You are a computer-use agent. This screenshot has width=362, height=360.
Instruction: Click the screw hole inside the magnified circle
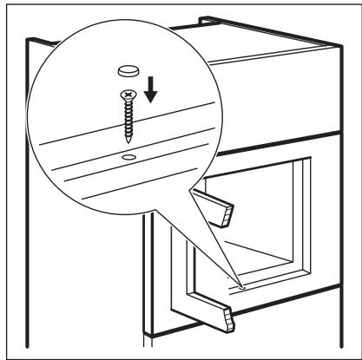[x=128, y=156]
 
